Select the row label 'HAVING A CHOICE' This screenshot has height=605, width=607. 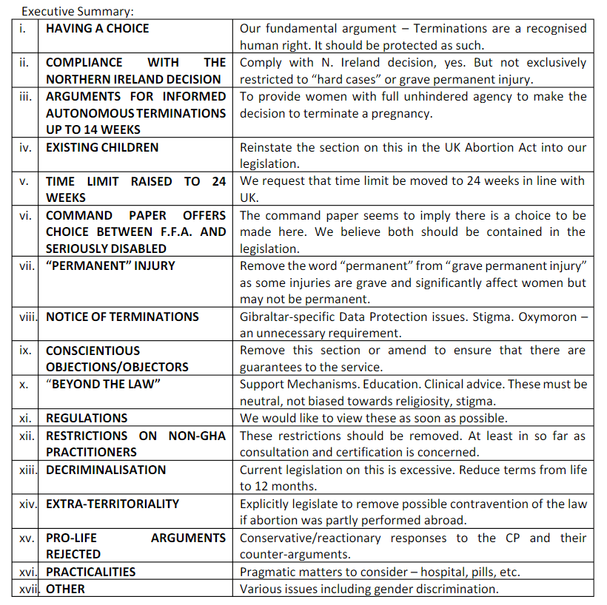97,28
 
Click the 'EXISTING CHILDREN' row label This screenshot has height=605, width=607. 102,147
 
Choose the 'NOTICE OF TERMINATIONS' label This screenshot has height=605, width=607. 122,317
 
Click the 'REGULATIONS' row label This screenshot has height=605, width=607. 87,418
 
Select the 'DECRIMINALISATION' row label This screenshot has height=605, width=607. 106,470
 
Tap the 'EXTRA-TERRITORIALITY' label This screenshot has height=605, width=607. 113,504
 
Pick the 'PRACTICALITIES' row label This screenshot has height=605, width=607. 90,572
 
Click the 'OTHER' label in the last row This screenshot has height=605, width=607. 65,589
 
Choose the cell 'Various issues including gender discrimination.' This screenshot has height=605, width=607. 369,589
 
